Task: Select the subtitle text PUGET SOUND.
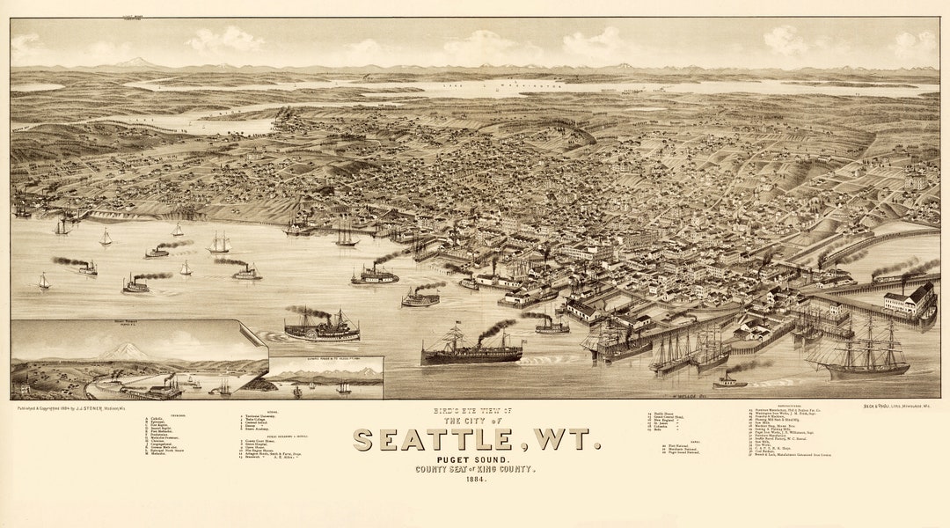coord(476,459)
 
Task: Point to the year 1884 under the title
coord(476,480)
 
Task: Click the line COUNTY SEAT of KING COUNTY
coord(476,470)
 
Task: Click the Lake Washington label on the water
coord(515,86)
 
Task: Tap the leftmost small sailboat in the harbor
coord(43,282)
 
